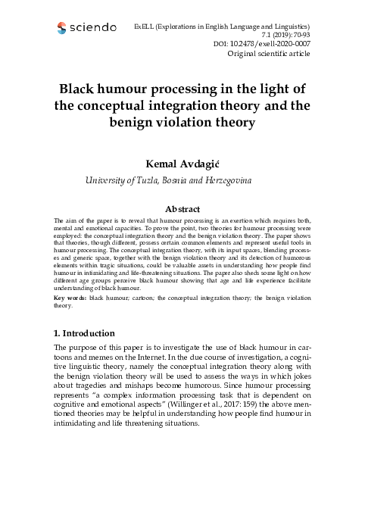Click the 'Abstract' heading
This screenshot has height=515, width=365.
(x=182, y=208)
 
